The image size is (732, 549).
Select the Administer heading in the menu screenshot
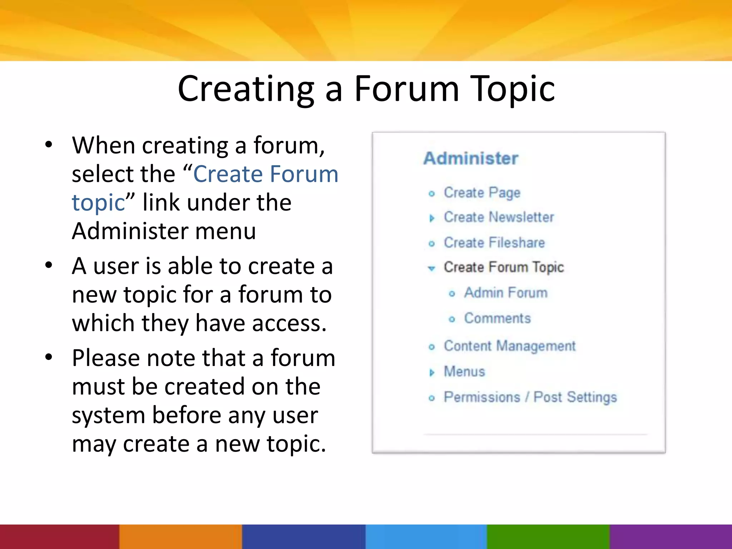point(471,158)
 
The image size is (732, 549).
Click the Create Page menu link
point(482,193)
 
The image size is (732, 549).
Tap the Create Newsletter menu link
point(499,217)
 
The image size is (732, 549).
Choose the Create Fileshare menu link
point(494,243)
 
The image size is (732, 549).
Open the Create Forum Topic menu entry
point(504,267)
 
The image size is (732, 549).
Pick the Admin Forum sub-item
point(505,293)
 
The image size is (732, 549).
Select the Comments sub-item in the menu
point(497,318)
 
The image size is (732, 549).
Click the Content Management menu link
point(510,346)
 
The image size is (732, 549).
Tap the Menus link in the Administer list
point(464,372)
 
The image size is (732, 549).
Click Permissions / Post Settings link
point(530,397)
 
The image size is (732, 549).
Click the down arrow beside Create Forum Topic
point(432,268)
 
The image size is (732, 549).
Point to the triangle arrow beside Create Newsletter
point(432,218)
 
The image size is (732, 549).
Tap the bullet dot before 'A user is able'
point(49,266)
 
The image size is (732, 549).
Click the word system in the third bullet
point(108,415)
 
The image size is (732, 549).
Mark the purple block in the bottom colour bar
point(671,536)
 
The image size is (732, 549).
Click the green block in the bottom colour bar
point(548,536)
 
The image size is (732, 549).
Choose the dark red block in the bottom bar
point(59,536)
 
